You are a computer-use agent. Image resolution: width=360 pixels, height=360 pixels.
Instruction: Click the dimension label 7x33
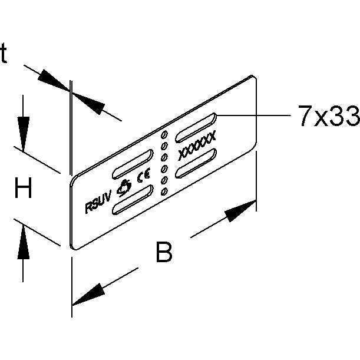pyautogui.click(x=329, y=115)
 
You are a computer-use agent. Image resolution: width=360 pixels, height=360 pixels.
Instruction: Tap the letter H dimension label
pyautogui.click(x=23, y=188)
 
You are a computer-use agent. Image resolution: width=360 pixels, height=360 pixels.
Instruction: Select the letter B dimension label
pyautogui.click(x=164, y=252)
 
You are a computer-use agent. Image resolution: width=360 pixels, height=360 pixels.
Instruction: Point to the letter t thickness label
pyautogui.click(x=4, y=53)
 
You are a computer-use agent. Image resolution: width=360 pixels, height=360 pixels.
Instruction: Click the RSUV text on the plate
pyautogui.click(x=98, y=203)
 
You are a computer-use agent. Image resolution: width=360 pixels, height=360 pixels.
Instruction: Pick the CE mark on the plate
pyautogui.click(x=144, y=175)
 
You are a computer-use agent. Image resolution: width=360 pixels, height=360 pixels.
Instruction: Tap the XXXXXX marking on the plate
pyautogui.click(x=197, y=146)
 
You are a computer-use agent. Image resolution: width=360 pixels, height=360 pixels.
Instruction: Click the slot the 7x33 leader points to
pyautogui.click(x=196, y=127)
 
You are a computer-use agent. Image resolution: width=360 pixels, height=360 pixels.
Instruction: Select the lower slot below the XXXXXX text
pyautogui.click(x=196, y=163)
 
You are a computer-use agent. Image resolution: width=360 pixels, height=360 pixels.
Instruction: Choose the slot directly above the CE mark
pyautogui.click(x=133, y=164)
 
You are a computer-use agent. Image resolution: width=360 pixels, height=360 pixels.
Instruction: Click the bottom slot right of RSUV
pyautogui.click(x=133, y=200)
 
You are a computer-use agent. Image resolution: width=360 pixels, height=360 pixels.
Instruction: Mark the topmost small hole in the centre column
pyautogui.click(x=164, y=134)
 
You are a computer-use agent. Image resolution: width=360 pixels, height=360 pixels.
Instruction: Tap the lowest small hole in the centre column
pyautogui.click(x=164, y=191)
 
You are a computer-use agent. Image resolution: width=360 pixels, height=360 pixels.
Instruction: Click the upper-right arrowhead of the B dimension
pyautogui.click(x=240, y=211)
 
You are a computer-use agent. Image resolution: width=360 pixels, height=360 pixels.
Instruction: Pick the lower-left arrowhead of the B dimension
pyautogui.click(x=88, y=295)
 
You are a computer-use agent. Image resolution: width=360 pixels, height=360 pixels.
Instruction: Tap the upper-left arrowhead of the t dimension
pyautogui.click(x=54, y=80)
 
